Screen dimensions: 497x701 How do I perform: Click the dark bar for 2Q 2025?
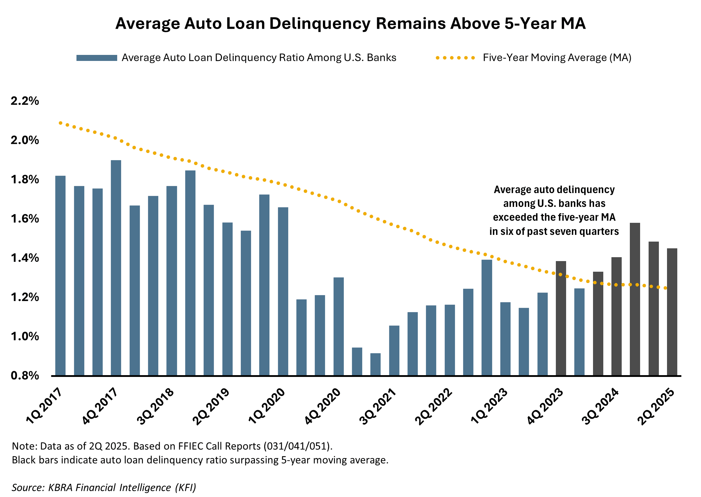(672, 312)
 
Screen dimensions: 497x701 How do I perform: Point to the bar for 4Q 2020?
(338, 326)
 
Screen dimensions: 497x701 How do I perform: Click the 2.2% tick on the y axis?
(25, 101)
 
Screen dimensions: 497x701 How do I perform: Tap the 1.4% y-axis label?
(25, 258)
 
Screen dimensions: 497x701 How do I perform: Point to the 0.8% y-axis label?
(25, 375)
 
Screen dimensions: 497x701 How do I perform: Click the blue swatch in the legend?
(97, 58)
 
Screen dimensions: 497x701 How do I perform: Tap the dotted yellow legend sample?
(455, 58)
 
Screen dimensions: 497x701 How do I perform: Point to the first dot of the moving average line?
(61, 123)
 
